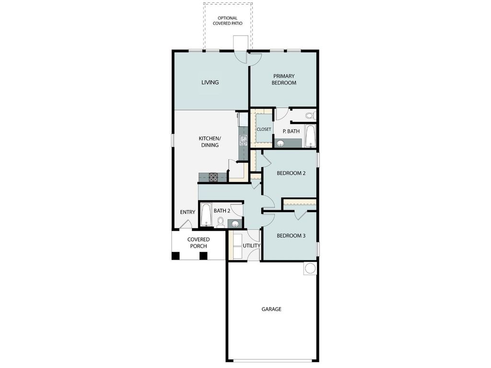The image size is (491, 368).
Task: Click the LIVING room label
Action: click(210, 82)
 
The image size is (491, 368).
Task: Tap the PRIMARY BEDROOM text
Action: click(284, 79)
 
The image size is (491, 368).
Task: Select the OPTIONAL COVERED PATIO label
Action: click(227, 21)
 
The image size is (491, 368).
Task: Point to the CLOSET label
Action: click(264, 129)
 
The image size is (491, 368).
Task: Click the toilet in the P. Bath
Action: click(310, 115)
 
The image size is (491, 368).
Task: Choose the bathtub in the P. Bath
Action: click(310, 136)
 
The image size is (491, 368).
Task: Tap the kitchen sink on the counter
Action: click(243, 140)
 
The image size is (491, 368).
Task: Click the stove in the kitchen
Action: click(213, 177)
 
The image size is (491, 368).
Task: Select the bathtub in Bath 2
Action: click(206, 215)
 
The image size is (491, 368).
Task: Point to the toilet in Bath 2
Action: click(221, 221)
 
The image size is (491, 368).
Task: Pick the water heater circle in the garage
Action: click(310, 268)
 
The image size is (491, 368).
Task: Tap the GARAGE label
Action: click(271, 309)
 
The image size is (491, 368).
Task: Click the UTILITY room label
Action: click(251, 246)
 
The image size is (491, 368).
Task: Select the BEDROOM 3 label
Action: click(291, 236)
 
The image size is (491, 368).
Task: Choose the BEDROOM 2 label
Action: click(291, 173)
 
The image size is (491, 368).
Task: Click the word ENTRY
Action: click(187, 212)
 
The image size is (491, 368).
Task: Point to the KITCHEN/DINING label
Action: click(210, 142)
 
